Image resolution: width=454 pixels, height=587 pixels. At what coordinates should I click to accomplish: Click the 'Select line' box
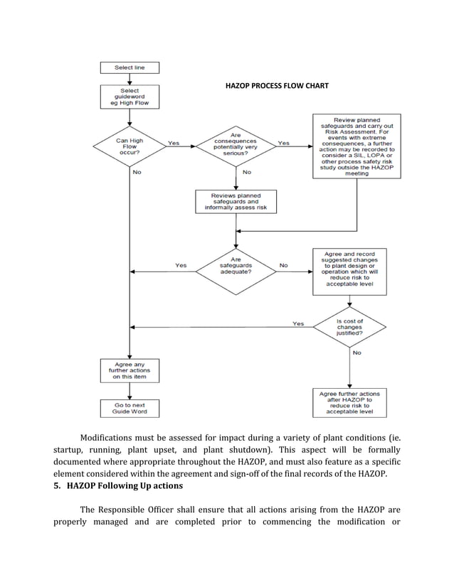(x=130, y=68)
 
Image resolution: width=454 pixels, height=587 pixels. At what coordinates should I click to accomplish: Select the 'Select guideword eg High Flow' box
(x=130, y=97)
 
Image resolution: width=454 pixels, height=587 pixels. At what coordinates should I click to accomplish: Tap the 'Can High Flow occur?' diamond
(x=130, y=146)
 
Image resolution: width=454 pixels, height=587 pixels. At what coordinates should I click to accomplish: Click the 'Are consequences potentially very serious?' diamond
(x=236, y=146)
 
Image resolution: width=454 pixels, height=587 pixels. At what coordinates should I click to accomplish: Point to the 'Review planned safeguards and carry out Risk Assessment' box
(x=357, y=146)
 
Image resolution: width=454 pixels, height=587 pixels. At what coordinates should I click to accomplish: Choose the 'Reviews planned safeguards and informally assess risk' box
(x=236, y=201)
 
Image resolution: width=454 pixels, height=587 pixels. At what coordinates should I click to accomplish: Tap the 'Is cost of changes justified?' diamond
(x=349, y=328)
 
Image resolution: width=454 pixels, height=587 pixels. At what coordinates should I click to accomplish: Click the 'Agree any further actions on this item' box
(x=130, y=370)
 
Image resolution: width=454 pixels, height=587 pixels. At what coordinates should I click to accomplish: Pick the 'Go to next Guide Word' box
(x=130, y=408)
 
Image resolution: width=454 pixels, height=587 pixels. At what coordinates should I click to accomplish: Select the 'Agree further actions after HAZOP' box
(x=349, y=402)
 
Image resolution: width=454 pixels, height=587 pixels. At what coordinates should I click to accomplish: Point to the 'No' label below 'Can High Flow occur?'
(x=137, y=172)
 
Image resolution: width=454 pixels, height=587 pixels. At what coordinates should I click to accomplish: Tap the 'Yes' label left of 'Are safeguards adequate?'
(x=181, y=266)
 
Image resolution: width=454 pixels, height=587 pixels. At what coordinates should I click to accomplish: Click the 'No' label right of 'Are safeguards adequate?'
(x=284, y=266)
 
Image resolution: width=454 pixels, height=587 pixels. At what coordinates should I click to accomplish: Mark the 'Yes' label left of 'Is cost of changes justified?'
(x=298, y=324)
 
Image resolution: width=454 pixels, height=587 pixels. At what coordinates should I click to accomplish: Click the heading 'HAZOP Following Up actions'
(x=125, y=485)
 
